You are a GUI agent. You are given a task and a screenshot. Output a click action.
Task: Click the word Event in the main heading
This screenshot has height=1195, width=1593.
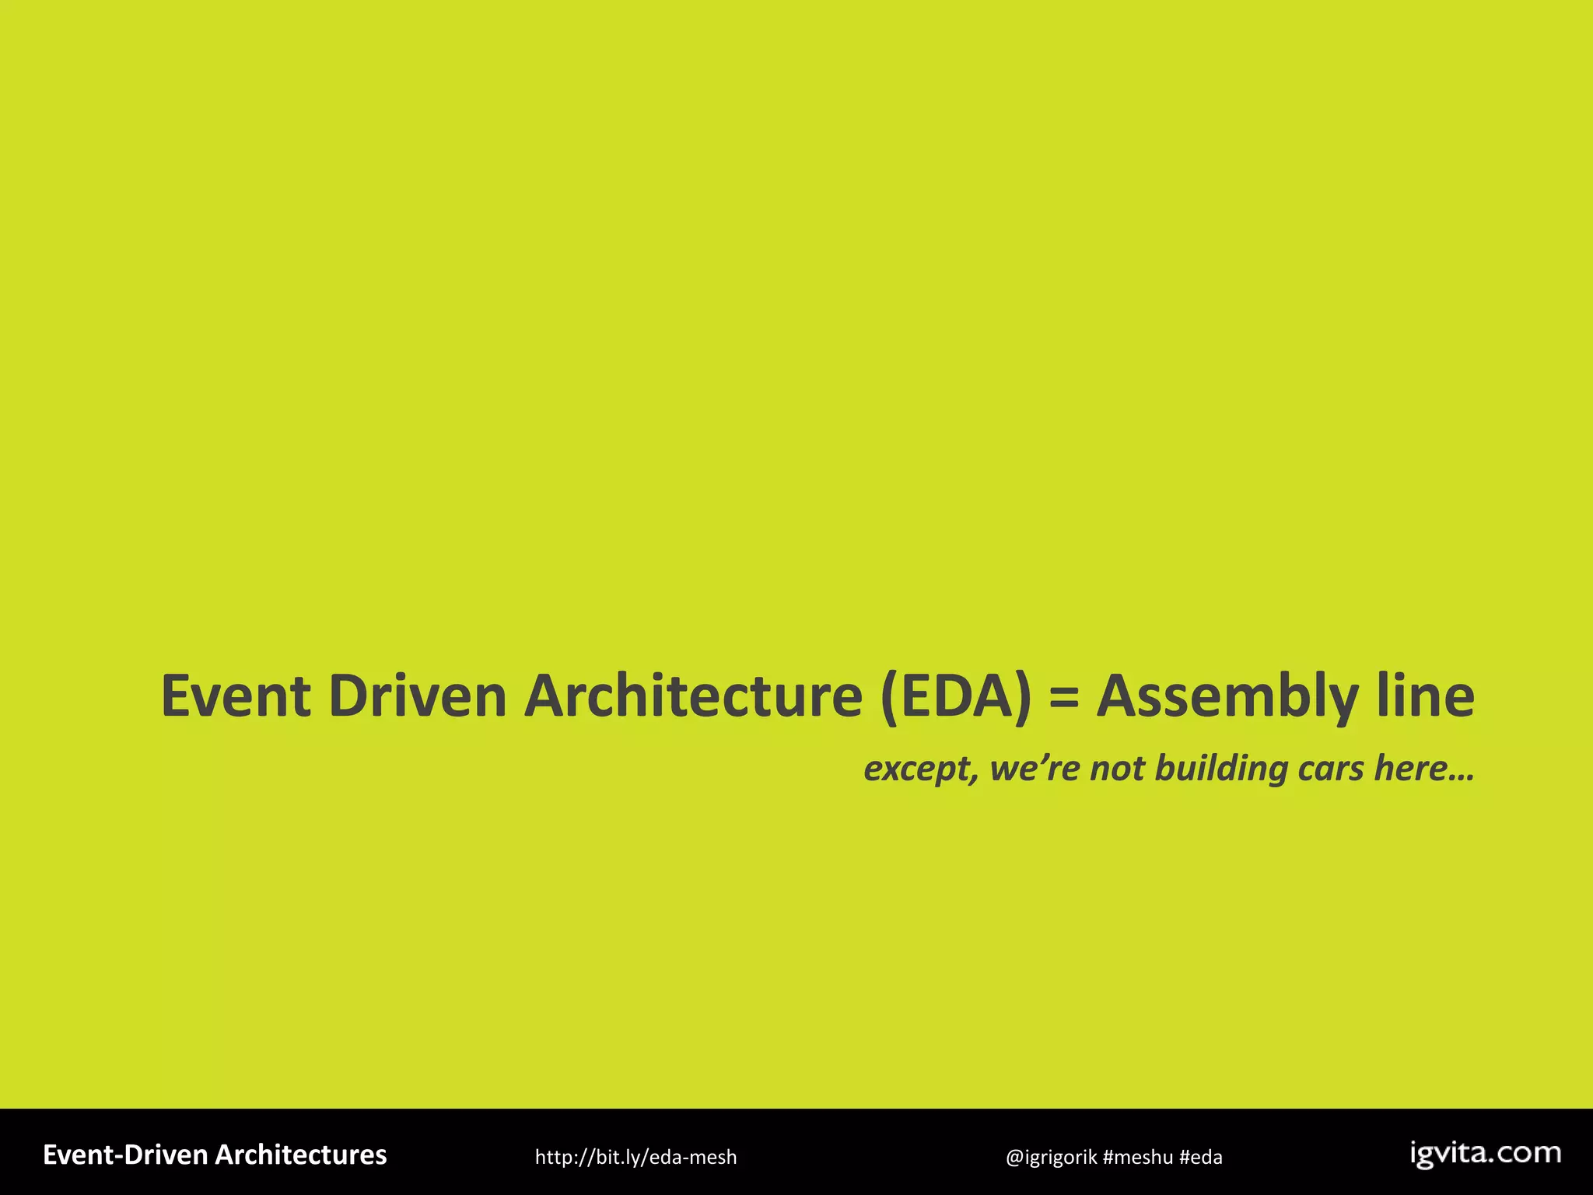coord(236,696)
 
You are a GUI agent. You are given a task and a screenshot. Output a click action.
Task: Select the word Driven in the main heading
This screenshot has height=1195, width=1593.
coord(418,696)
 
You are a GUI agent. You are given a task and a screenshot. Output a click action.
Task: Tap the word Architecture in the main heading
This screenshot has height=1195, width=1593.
coord(693,696)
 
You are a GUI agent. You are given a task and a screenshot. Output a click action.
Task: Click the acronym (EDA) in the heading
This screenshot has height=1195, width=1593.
coord(956,696)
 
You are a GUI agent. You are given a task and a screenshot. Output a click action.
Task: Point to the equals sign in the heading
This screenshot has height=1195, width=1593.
coord(1064,696)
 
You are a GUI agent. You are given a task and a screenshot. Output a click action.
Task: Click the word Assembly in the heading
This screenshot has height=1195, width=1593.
coord(1227,697)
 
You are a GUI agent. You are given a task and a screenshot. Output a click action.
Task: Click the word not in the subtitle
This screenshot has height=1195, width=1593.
coord(1118,768)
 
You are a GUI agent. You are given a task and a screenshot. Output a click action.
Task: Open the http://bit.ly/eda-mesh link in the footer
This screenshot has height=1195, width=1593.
coord(635,1158)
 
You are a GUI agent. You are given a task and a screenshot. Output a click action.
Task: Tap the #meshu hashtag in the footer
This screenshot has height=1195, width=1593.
coord(1137,1158)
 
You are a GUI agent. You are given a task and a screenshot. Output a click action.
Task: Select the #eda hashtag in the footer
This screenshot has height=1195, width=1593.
coord(1200,1158)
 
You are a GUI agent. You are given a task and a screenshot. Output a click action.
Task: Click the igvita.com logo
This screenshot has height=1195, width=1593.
coord(1485,1154)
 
